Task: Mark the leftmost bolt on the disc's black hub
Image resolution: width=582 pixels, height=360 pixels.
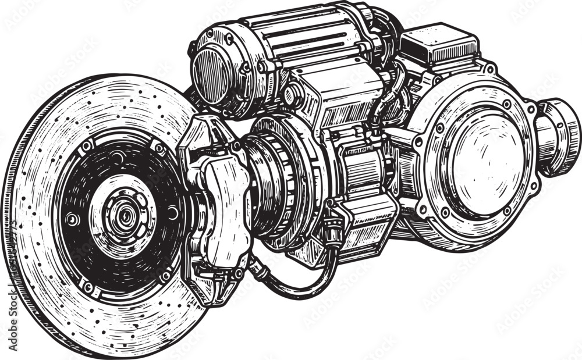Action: coord(72,220)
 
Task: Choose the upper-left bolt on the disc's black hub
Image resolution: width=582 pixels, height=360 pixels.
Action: coord(87,145)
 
